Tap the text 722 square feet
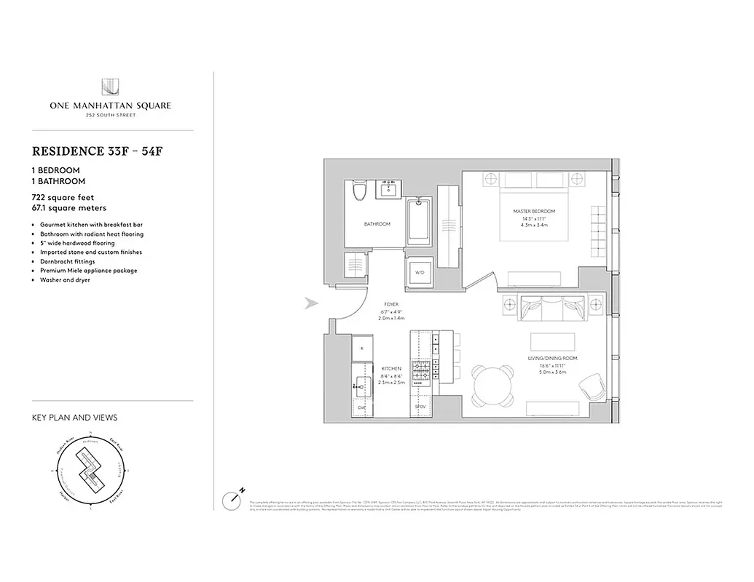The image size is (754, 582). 63,197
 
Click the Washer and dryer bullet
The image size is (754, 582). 65,279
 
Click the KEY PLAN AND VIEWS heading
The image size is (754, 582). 74,418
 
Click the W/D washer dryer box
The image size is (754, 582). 419,273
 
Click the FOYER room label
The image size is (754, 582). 392,305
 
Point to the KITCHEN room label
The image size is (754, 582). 391,369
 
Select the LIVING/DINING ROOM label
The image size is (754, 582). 552,359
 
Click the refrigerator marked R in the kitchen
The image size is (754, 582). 362,348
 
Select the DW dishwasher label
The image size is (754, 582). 361,407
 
